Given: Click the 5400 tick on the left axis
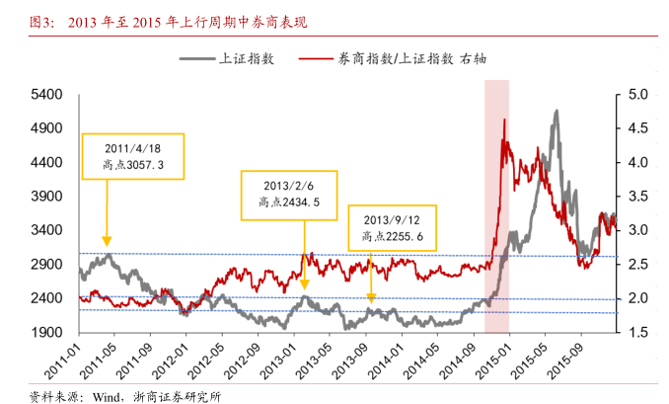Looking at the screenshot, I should click(x=47, y=95).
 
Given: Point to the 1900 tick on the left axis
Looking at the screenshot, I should click(x=47, y=332).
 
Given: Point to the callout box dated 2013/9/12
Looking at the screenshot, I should click(x=393, y=228).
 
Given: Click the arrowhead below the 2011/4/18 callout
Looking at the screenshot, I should click(x=107, y=240).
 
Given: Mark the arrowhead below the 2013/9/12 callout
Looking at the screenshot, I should click(x=371, y=296).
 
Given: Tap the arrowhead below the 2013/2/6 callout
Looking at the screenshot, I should click(x=304, y=285).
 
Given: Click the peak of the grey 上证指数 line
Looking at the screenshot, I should click(x=556, y=112).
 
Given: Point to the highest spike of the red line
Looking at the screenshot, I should click(x=505, y=120).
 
